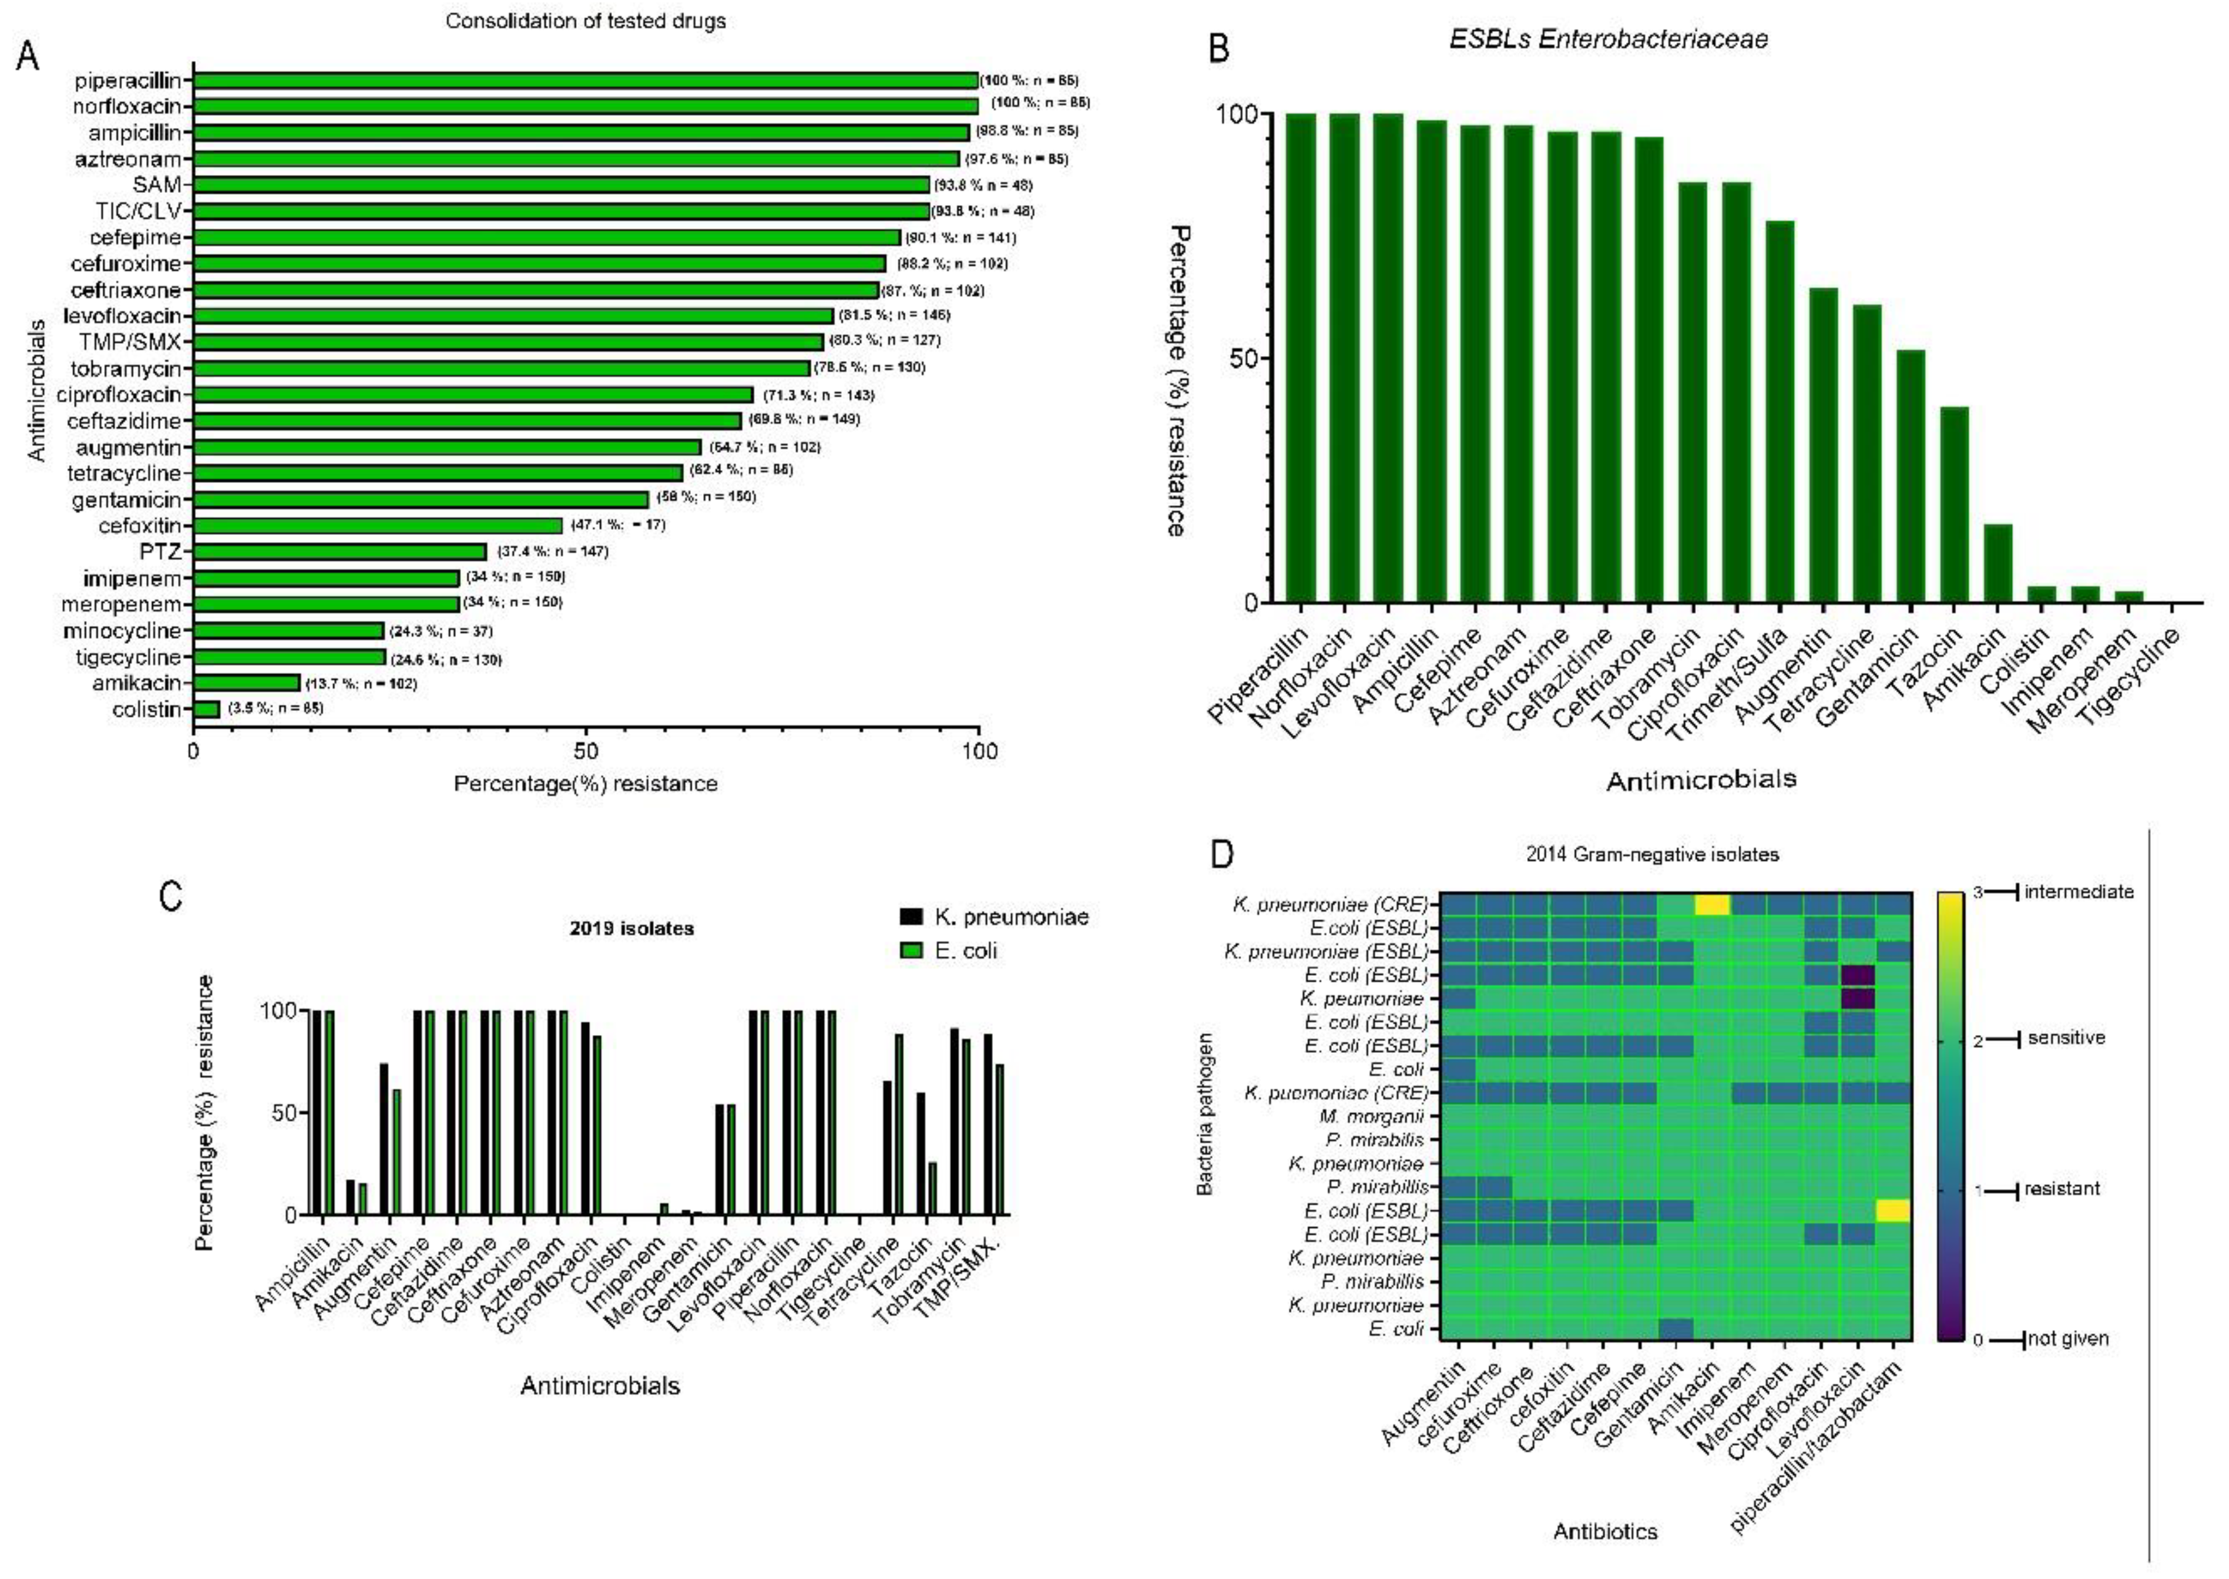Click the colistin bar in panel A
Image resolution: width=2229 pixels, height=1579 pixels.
pos(206,709)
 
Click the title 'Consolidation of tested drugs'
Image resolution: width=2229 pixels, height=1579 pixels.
pos(585,20)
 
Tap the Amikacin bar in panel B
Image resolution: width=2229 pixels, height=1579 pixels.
pos(1997,563)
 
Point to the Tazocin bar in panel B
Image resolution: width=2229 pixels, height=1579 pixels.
pos(1954,504)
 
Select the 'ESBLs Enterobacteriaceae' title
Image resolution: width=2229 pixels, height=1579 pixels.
pos(1608,39)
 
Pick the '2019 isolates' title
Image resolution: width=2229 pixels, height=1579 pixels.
pos(631,928)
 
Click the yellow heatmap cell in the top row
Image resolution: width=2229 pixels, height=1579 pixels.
pos(1711,904)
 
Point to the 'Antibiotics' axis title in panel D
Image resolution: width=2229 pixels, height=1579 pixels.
pos(1605,1532)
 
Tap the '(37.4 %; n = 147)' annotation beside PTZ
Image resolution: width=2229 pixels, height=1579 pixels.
pos(553,551)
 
